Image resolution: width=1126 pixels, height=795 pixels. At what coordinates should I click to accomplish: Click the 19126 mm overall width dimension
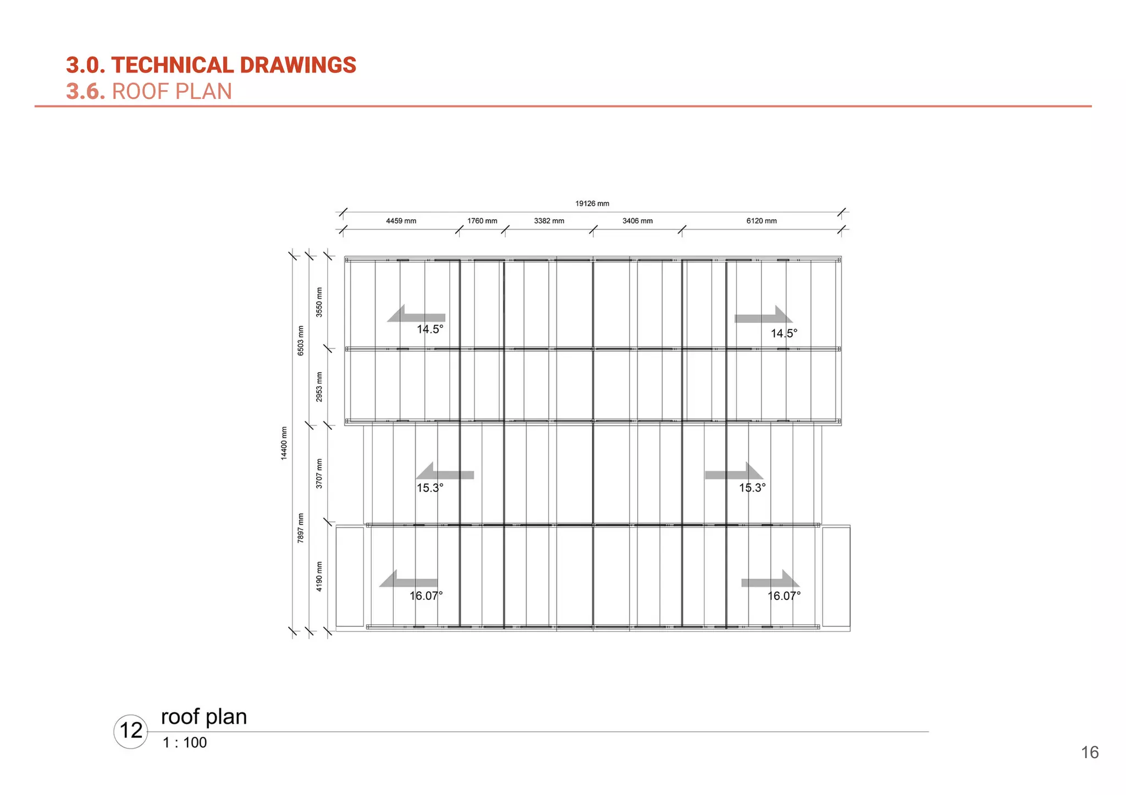pos(592,204)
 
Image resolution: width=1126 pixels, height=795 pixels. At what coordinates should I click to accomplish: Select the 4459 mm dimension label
pos(401,221)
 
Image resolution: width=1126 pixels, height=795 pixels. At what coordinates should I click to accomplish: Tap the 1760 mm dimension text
pos(482,221)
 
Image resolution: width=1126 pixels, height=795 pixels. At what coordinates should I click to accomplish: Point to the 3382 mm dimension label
pos(549,221)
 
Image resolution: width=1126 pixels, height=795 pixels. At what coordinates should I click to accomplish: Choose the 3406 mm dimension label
pos(637,221)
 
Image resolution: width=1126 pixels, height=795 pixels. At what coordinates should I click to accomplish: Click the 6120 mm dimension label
pos(761,221)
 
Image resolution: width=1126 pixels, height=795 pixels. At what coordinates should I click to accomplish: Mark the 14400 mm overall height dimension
pos(284,443)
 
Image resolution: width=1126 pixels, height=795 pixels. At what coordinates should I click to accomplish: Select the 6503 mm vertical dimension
pos(301,341)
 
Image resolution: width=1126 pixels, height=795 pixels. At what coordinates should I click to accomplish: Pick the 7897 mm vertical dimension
pos(301,528)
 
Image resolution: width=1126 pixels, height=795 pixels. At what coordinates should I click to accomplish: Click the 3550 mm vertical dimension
pos(319,302)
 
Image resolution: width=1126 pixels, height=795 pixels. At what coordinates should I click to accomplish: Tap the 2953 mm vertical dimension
pos(319,387)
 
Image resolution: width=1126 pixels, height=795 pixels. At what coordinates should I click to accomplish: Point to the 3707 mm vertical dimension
pos(319,474)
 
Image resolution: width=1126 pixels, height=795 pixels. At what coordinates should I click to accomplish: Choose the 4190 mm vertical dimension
pos(319,576)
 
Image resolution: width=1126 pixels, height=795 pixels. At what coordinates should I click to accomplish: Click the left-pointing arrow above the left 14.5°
pos(416,315)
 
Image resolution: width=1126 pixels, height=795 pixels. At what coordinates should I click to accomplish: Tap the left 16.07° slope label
pos(426,596)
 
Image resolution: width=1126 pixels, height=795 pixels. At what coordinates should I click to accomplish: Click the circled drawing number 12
pos(131,731)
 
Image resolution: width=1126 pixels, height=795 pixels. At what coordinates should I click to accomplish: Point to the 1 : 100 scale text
pos(185,743)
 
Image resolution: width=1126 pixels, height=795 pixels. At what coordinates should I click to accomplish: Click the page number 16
pos(1090,752)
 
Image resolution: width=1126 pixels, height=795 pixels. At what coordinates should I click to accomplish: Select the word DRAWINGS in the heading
pos(298,65)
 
